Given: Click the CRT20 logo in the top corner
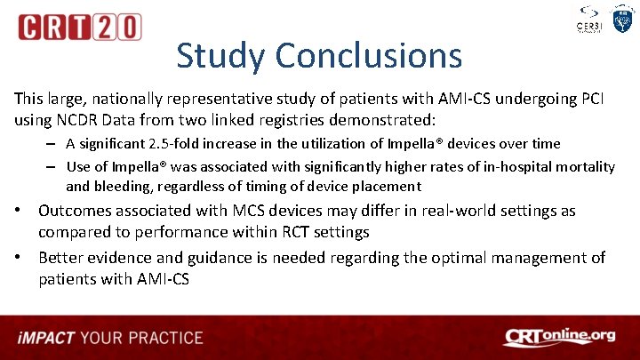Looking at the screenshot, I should [x=79, y=27].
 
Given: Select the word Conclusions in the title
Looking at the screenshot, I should [x=368, y=55].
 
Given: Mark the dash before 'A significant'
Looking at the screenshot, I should [x=54, y=144].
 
